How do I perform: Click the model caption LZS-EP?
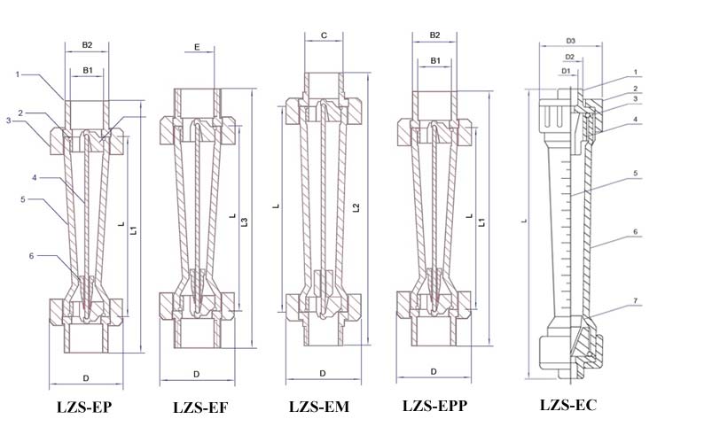point(85,408)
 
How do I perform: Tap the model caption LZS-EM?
point(318,408)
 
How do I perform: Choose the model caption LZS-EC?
point(567,405)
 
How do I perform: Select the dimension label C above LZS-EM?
point(324,36)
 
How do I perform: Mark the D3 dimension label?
point(571,41)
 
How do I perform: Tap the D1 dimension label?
point(565,71)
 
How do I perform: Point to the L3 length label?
point(245,221)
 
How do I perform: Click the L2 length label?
point(356,207)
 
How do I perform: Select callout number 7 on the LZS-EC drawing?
point(635,303)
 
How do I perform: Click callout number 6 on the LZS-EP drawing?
point(31,256)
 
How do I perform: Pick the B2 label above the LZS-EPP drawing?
point(435,35)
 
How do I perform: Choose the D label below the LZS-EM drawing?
point(323,374)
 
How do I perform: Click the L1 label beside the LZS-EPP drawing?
point(481,223)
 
